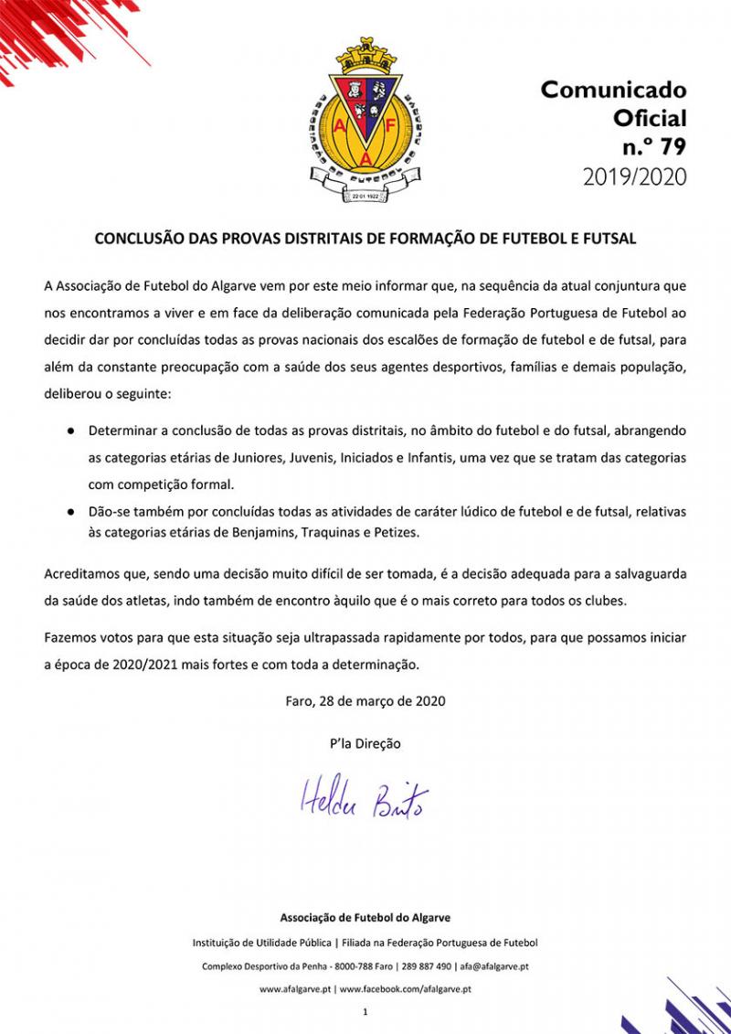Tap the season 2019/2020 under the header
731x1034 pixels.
634,176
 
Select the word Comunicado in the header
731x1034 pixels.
613,90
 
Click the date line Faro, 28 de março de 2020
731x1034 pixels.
365,702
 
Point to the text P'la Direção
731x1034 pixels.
365,743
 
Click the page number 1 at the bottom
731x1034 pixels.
365,1012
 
